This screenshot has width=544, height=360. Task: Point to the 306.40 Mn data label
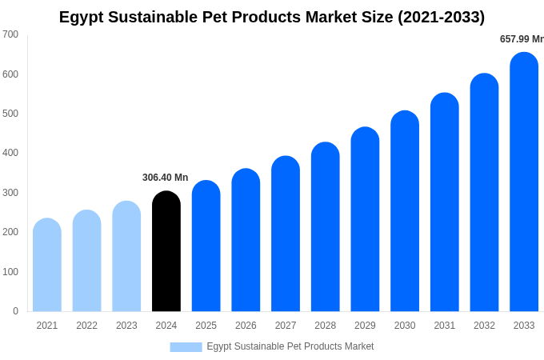[165, 178]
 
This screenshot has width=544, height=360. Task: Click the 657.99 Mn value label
[521, 39]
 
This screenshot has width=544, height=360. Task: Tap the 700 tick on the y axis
[10, 34]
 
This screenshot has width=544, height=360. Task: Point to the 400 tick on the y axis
[10, 153]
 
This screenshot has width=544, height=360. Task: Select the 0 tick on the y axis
[15, 311]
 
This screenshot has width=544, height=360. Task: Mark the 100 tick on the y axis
[10, 272]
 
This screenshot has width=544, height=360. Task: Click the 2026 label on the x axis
[246, 326]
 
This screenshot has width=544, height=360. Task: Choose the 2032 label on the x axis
[484, 326]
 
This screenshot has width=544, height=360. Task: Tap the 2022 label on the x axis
[86, 326]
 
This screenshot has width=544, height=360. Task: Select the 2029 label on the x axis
[365, 326]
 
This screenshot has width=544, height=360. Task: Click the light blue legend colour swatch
[186, 347]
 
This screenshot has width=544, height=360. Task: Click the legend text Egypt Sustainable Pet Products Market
[290, 346]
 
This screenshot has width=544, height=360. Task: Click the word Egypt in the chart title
[81, 17]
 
